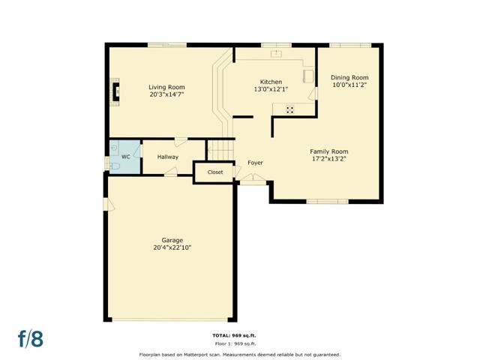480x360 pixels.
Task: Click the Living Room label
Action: (x=166, y=87)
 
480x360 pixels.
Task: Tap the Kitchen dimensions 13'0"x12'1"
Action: (x=271, y=89)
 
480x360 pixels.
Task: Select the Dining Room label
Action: (x=349, y=77)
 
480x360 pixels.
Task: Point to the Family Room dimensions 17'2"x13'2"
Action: (x=328, y=159)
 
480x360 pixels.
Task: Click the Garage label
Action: (x=172, y=240)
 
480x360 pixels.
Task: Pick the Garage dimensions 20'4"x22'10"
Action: (x=172, y=247)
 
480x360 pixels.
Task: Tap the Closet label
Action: (x=215, y=172)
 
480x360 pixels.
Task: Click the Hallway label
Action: (x=168, y=157)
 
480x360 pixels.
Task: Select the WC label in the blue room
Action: (x=126, y=157)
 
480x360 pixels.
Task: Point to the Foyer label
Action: (x=255, y=163)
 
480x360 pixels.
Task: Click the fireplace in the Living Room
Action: (x=115, y=91)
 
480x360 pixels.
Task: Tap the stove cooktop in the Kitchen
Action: (x=290, y=109)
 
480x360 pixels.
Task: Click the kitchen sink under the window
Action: (x=276, y=53)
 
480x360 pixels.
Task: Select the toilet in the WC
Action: (x=114, y=166)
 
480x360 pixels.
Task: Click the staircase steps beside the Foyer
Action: (x=220, y=150)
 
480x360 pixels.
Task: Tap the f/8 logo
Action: (x=31, y=338)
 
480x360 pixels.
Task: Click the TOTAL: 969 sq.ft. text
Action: (x=234, y=336)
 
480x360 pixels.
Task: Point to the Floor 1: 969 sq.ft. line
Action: (x=235, y=343)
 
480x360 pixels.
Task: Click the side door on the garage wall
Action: (x=108, y=205)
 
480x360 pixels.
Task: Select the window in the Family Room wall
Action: (x=327, y=202)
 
